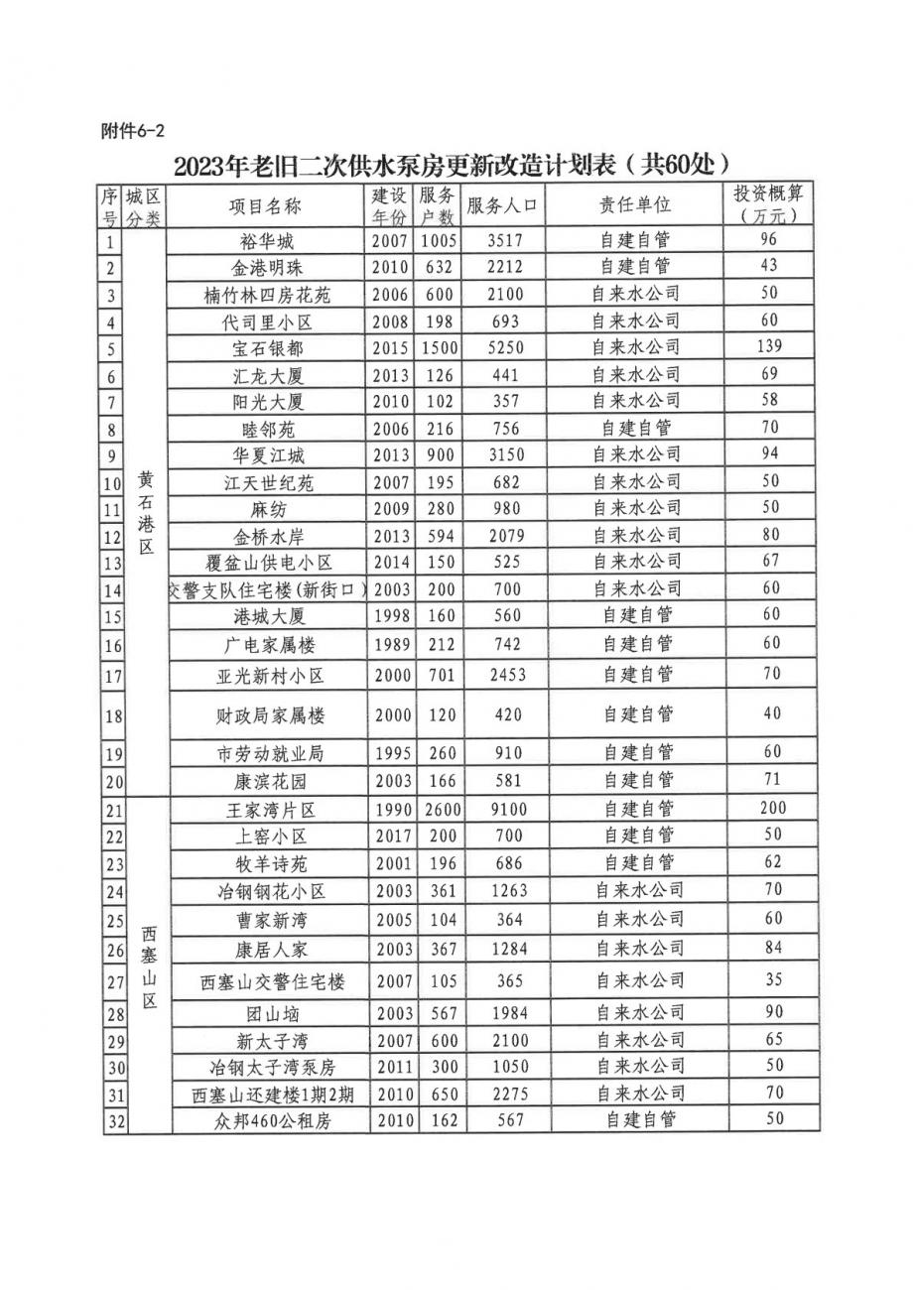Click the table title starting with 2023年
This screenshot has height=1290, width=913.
456,163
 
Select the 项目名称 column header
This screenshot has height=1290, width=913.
265,205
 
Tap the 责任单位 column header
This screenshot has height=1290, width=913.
635,204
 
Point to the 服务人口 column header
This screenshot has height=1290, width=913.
501,205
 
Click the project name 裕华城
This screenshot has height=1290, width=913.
267,240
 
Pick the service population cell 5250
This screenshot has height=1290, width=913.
501,347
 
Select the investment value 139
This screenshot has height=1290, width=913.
768,346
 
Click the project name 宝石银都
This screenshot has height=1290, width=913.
267,348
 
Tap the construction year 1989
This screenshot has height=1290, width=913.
391,645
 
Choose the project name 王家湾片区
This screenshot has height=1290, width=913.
268,810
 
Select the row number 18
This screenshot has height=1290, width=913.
112,715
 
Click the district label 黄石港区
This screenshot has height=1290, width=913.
145,514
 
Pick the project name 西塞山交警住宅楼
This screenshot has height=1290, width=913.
272,982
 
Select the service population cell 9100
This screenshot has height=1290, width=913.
501,810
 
